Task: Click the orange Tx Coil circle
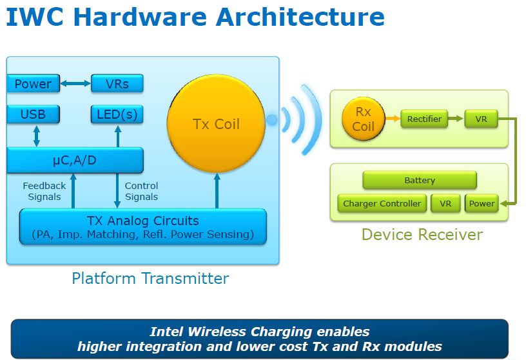[217, 124]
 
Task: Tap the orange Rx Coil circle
[364, 119]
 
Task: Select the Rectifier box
[424, 119]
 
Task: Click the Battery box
[420, 181]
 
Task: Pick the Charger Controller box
[382, 203]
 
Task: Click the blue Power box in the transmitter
[34, 84]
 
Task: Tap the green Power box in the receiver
[482, 203]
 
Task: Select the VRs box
[117, 84]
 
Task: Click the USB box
[34, 114]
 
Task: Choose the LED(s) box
[117, 114]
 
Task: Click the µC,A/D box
[75, 160]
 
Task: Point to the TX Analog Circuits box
[143, 226]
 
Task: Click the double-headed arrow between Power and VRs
[75, 83]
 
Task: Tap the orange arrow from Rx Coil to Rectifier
[393, 119]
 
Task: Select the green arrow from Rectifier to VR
[456, 119]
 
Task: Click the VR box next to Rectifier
[481, 119]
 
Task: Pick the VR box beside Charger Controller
[445, 203]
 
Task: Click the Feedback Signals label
[44, 191]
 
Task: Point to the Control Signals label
[141, 191]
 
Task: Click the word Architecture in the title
[300, 17]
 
